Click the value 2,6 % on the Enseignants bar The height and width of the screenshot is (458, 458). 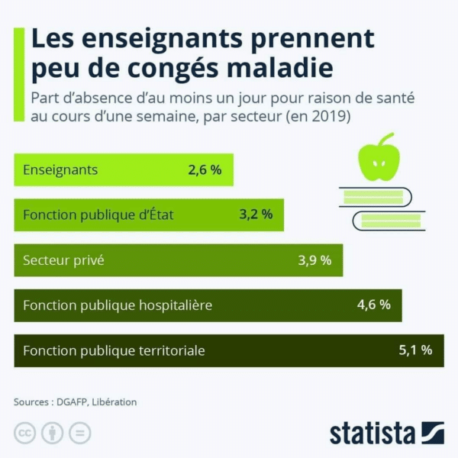click(205, 170)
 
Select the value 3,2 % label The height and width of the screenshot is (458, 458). click(256, 214)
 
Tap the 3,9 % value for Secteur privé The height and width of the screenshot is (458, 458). click(314, 260)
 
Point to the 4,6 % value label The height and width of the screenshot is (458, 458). click(374, 305)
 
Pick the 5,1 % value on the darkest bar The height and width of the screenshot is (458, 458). click(415, 350)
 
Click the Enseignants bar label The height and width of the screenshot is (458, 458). click(60, 170)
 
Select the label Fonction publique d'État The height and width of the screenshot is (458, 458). click(98, 215)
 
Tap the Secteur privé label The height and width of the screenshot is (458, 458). click(63, 260)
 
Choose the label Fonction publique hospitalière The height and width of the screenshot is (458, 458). click(118, 305)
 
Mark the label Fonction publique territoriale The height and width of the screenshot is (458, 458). click(114, 351)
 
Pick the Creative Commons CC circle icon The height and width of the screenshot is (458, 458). click(24, 433)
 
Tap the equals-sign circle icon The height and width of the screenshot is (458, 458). click(79, 433)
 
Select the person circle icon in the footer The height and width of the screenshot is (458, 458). click(52, 433)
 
